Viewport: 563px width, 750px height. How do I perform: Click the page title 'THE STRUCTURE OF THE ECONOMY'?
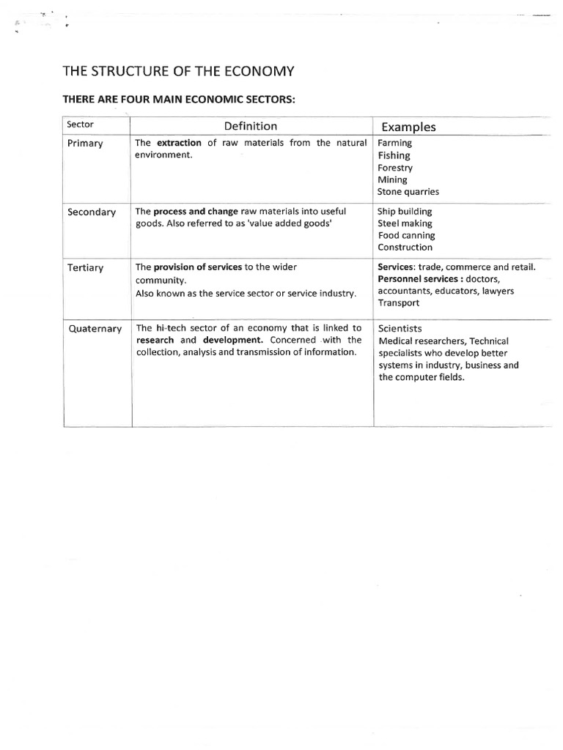click(x=178, y=71)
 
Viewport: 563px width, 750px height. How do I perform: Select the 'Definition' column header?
click(x=251, y=126)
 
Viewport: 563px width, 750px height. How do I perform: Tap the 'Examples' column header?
click(x=408, y=127)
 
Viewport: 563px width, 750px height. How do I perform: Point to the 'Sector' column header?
click(x=80, y=125)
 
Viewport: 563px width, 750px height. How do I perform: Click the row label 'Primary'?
click(x=85, y=144)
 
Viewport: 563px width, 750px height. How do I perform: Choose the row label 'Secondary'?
click(x=92, y=212)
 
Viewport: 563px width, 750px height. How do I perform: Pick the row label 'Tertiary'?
click(x=86, y=268)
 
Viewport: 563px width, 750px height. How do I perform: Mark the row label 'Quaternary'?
click(x=95, y=329)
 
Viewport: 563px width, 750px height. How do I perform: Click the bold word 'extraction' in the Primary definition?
click(x=180, y=143)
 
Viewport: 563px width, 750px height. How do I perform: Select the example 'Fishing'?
click(x=394, y=155)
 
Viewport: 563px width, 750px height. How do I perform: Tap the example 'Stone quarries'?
click(x=408, y=192)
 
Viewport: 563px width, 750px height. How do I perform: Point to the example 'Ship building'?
click(x=405, y=211)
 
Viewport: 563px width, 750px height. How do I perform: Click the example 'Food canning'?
click(x=406, y=235)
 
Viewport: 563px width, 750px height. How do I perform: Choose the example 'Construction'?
click(x=405, y=248)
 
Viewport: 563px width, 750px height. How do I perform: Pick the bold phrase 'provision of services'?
click(x=198, y=267)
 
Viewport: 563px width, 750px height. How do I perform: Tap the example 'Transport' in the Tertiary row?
click(x=399, y=302)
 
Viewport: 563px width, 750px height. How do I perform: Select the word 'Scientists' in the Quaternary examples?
click(x=400, y=329)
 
